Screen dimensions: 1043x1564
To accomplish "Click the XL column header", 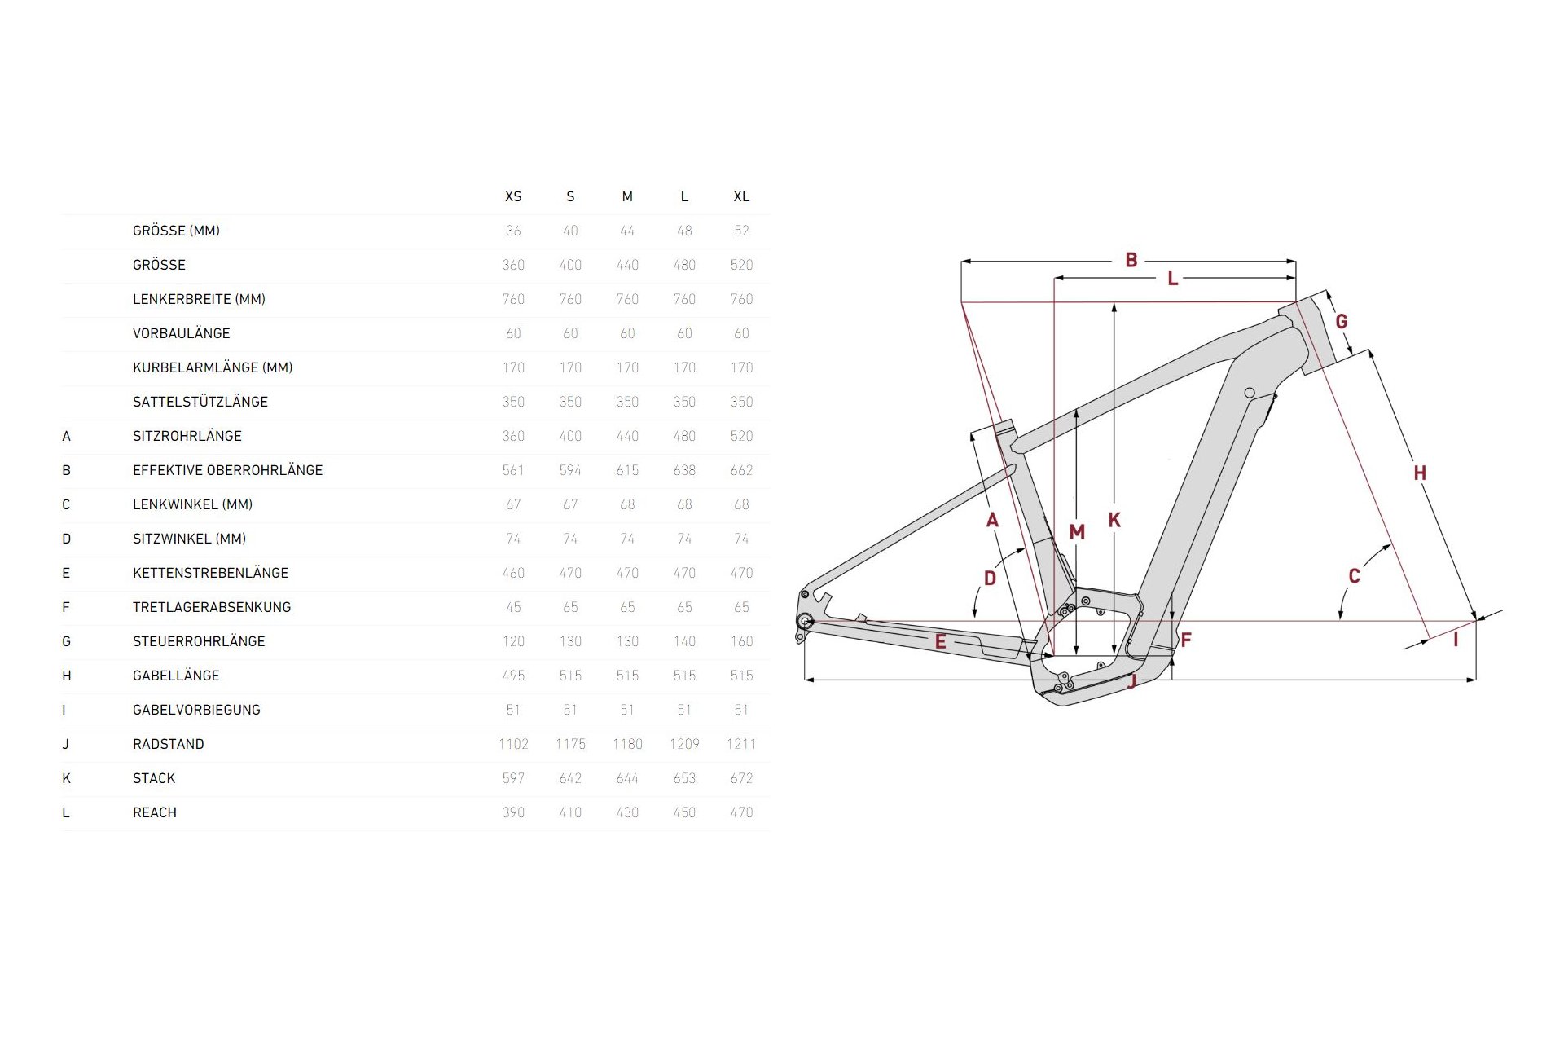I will point(741,196).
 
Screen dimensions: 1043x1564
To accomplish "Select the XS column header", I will point(513,196).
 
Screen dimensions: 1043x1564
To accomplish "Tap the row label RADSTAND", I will point(169,744).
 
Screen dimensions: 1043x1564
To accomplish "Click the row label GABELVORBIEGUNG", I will point(196,710).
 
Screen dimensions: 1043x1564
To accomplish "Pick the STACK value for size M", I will point(627,778).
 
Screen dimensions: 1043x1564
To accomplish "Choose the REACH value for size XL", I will point(741,812).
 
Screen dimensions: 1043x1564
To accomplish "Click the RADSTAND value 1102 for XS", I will point(513,744).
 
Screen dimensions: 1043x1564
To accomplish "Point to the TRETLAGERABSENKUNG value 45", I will point(513,607).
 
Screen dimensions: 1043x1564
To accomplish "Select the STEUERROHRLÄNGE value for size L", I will point(684,641).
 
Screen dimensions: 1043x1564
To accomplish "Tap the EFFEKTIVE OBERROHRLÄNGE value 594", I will point(570,470).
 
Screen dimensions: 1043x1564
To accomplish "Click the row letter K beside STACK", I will point(67,778).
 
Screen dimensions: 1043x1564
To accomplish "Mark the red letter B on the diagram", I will point(1131,260).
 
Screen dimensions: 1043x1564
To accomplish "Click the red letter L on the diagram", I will point(1172,279).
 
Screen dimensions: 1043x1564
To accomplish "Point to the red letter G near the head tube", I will point(1341,321).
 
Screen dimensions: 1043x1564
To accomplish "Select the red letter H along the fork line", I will point(1420,473).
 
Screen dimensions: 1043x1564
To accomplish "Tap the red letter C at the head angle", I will point(1354,576).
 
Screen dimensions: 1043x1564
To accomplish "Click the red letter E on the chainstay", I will point(940,642).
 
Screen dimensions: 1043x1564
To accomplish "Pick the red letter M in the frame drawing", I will point(1077,532).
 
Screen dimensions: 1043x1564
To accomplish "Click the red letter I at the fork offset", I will point(1456,640).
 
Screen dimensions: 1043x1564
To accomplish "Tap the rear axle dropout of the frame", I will point(806,622).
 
